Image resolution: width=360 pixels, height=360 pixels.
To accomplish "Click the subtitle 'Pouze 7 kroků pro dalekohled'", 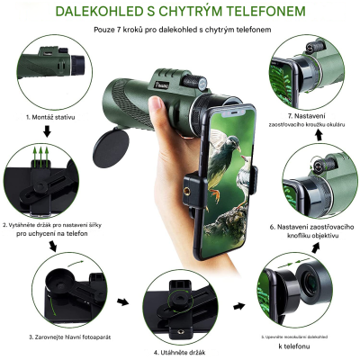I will coord(180,31).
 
